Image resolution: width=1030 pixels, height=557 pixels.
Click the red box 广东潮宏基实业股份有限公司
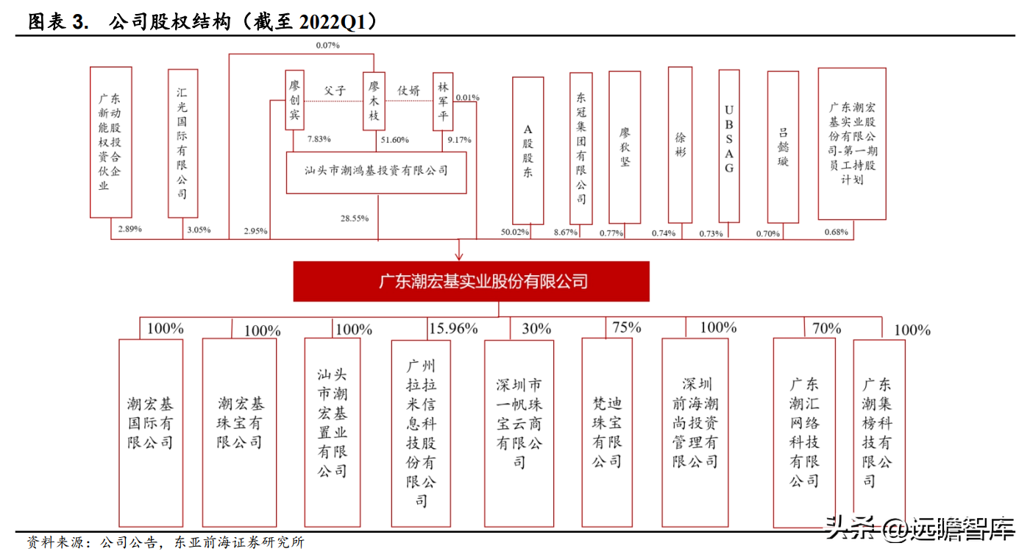coord(471,281)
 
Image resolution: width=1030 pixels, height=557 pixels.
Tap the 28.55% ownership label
coord(355,219)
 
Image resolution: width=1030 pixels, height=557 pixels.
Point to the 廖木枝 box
coord(374,101)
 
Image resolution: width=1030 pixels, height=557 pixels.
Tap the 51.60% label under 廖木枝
coord(394,139)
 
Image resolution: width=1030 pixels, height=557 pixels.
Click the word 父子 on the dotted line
coord(334,91)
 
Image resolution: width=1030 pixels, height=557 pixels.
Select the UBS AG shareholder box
coord(729,146)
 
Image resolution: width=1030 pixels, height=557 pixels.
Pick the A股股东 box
coord(528,150)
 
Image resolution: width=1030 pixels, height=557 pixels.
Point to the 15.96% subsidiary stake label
coord(453,328)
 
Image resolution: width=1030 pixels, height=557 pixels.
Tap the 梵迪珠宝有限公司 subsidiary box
coord(607,433)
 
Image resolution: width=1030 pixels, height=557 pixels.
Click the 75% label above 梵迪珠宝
coord(626,327)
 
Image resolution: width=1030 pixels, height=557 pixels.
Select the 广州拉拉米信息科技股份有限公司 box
coord(421,434)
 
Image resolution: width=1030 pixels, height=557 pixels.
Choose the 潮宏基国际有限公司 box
coord(151,433)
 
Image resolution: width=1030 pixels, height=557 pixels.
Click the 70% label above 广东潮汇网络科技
coord(826,328)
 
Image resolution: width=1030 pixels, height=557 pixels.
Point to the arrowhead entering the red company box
coord(459,255)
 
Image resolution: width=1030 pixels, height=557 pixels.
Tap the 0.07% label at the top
coord(327,46)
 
